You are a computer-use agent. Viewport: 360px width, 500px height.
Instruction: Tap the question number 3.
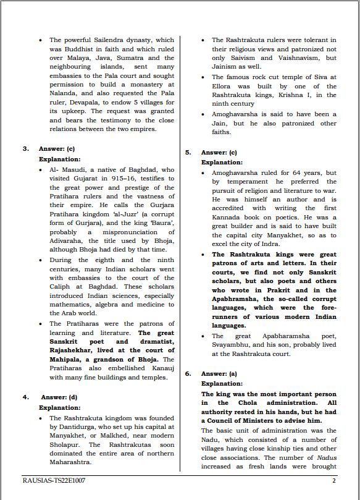click(x=26, y=148)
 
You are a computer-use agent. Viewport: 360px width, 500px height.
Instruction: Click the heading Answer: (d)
click(x=59, y=397)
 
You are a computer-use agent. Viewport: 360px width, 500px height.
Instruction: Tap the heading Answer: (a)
click(x=219, y=373)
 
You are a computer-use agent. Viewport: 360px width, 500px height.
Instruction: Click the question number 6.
click(x=188, y=373)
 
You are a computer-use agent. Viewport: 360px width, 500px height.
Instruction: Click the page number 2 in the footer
click(x=334, y=480)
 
